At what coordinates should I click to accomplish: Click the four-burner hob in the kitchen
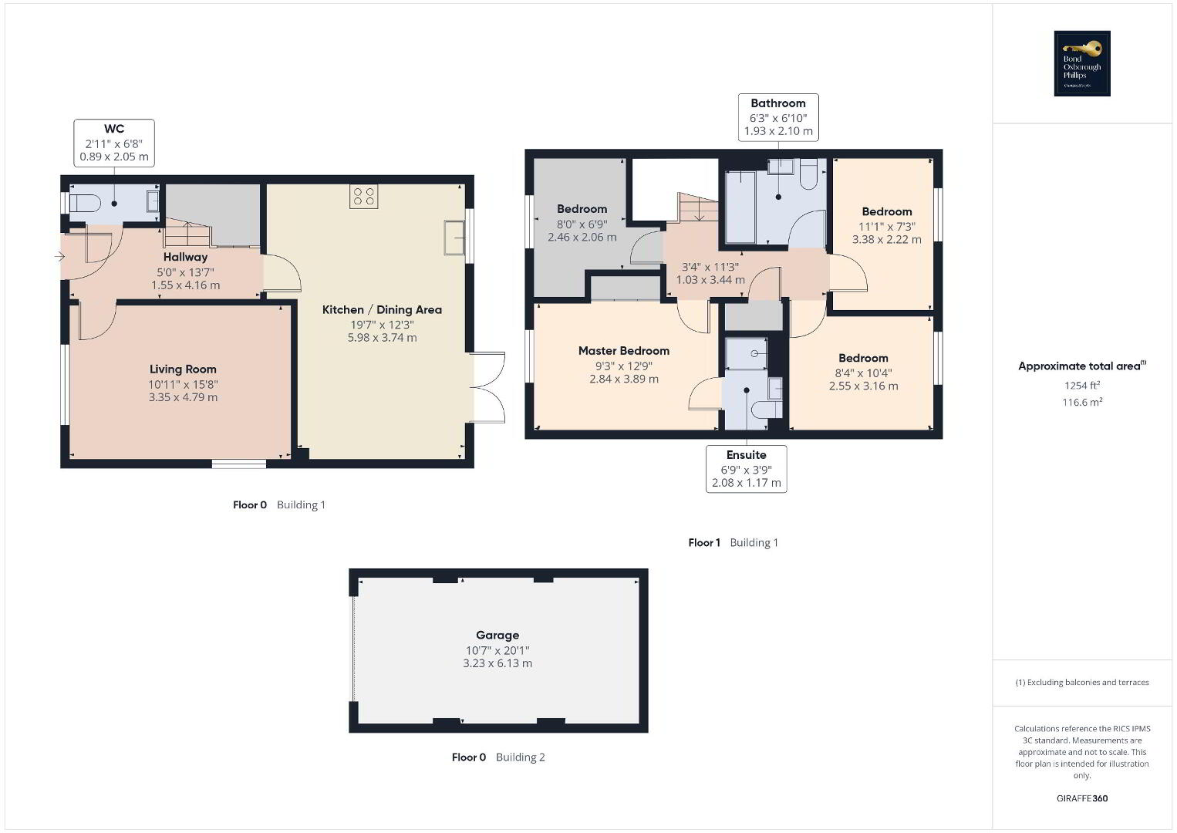pyautogui.click(x=363, y=197)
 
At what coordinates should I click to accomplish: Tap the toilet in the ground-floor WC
pyautogui.click(x=85, y=203)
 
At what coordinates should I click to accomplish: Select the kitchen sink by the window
pyautogui.click(x=454, y=238)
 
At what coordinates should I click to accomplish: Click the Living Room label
pyautogui.click(x=183, y=369)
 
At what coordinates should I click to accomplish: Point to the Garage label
pyautogui.click(x=497, y=635)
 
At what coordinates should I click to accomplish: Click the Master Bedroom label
pyautogui.click(x=624, y=350)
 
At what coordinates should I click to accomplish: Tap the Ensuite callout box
pyautogui.click(x=746, y=469)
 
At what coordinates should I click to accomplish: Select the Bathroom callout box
pyautogui.click(x=778, y=117)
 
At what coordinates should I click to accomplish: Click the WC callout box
pyautogui.click(x=114, y=143)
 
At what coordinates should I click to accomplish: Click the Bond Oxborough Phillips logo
pyautogui.click(x=1082, y=63)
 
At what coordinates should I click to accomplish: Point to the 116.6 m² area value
pyautogui.click(x=1082, y=402)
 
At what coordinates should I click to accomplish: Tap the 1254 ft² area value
pyautogui.click(x=1082, y=385)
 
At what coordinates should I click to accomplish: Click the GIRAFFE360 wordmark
pyautogui.click(x=1082, y=798)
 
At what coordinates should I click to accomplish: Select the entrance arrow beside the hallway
pyautogui.click(x=59, y=257)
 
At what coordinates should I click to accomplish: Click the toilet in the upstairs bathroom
pyautogui.click(x=808, y=174)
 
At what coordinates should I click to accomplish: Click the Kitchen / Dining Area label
pyautogui.click(x=382, y=309)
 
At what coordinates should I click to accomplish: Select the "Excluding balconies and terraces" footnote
pyautogui.click(x=1082, y=682)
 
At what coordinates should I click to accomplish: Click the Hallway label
pyautogui.click(x=185, y=257)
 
